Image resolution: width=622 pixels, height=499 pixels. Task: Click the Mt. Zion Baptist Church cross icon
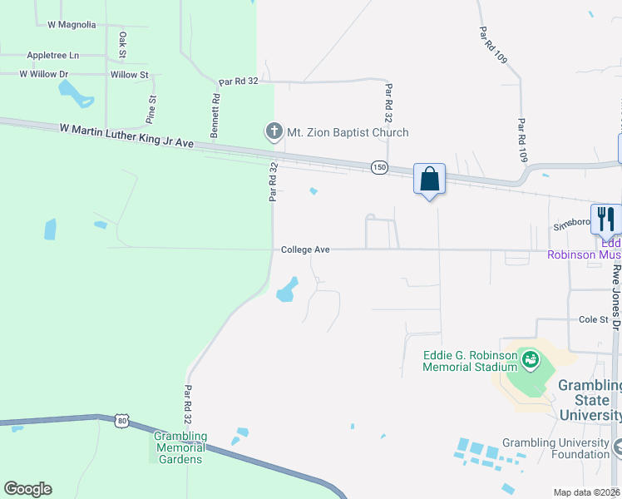pos(274,131)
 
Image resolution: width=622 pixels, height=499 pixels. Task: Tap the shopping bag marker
pos(429,179)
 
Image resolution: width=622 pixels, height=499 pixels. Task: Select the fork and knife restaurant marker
pos(606,219)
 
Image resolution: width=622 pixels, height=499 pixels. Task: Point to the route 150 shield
pos(379,168)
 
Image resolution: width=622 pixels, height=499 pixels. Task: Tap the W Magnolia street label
pos(72,25)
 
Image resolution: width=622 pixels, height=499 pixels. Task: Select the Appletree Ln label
pos(52,55)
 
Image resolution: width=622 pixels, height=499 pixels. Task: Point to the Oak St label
pos(122,45)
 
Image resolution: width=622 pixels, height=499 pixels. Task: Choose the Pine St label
pos(152,109)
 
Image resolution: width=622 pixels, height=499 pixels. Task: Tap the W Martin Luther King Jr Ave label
pos(126,136)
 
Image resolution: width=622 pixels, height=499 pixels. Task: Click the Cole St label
pos(594,319)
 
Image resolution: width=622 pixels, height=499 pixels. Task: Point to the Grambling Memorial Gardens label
pos(180,447)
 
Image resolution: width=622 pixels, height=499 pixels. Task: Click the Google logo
pos(27,489)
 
